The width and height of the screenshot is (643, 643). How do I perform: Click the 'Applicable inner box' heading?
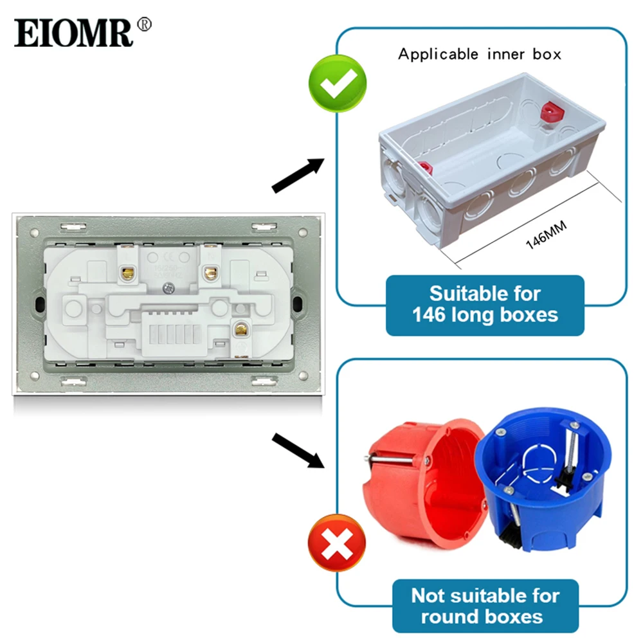(479, 54)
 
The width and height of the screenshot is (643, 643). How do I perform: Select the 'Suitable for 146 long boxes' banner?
(485, 305)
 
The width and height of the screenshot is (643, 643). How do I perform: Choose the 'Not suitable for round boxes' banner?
(485, 605)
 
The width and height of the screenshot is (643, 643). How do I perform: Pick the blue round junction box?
(541, 479)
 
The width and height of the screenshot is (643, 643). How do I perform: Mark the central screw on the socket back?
(170, 289)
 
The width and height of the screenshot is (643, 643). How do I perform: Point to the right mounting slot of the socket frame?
(299, 304)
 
